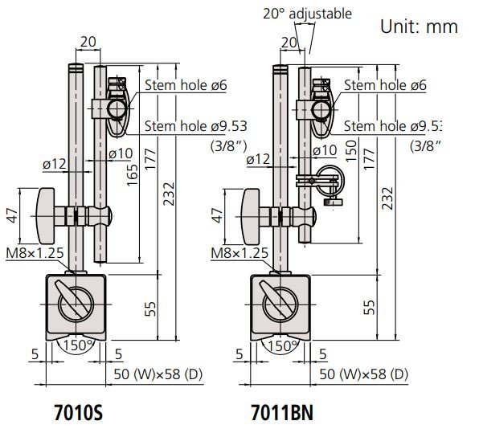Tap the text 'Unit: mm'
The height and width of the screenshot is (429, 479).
pos(418,27)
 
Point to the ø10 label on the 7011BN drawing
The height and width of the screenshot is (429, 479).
pos(323,149)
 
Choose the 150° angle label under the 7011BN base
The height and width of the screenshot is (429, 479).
pos(280,346)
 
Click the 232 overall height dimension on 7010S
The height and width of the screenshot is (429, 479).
pos(170,201)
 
